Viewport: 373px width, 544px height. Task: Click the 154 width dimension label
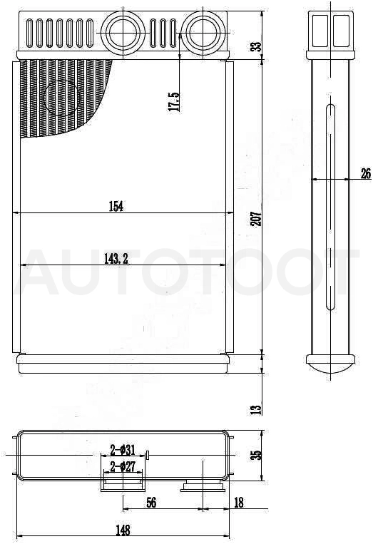(116, 207)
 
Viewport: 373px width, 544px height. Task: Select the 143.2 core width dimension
(116, 259)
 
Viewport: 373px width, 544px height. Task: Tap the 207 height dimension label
(257, 219)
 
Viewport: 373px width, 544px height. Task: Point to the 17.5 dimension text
(174, 102)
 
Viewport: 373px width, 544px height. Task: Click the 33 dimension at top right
(256, 46)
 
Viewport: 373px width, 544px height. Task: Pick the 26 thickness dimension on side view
(366, 173)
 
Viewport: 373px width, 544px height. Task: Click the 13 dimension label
(256, 410)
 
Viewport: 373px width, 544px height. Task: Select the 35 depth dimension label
(256, 456)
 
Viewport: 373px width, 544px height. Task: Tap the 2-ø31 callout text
(123, 451)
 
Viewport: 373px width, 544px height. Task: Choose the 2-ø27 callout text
(123, 466)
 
